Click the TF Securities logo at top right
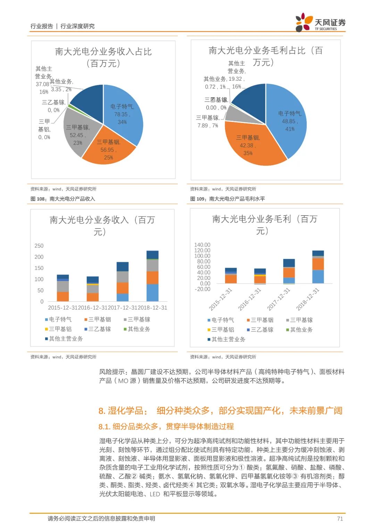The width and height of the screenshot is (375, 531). click(320, 23)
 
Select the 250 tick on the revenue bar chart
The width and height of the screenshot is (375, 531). click(39, 246)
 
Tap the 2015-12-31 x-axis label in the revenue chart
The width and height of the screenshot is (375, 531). click(63, 308)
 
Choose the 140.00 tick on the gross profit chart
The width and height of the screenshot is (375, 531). click(202, 245)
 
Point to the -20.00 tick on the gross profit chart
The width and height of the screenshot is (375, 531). click(202, 289)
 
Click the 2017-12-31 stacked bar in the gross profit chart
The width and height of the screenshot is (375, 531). click(289, 271)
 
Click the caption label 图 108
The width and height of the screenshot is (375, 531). click(38, 199)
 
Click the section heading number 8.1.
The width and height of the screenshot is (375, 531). click(104, 426)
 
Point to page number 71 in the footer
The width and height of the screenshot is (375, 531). click(340, 518)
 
